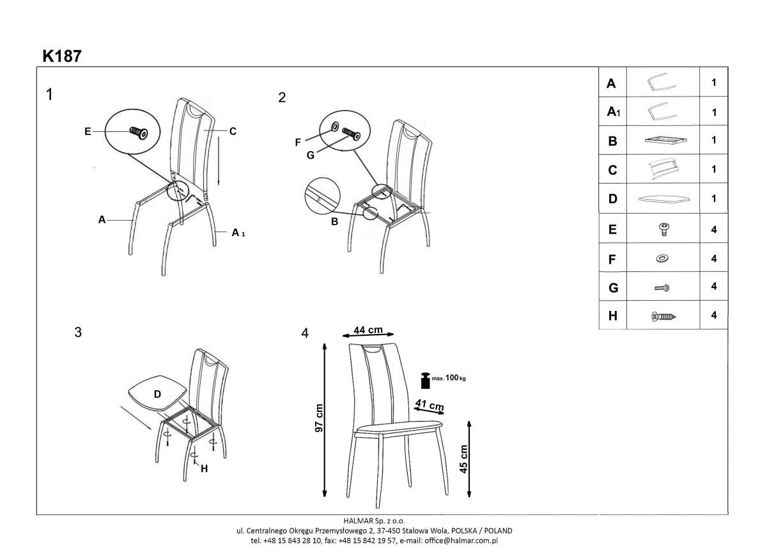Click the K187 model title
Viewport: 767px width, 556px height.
click(x=62, y=56)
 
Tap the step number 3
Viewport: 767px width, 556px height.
click(x=78, y=332)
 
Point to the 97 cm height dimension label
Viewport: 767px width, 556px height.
click(x=319, y=418)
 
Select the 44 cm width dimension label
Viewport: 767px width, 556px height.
click(x=368, y=330)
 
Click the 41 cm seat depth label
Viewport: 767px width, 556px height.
click(x=430, y=405)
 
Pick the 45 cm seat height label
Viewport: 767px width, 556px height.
click(x=463, y=459)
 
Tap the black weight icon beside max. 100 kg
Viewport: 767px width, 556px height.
click(x=425, y=380)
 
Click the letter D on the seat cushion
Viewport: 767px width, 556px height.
click(x=157, y=394)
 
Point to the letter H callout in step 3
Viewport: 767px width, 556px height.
click(x=204, y=468)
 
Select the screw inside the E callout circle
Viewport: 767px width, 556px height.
click(x=139, y=132)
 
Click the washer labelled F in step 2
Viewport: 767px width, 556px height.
click(x=334, y=127)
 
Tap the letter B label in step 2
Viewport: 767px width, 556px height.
click(x=334, y=222)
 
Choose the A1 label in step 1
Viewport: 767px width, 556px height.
click(x=238, y=233)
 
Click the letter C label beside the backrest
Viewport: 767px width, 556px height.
click(x=233, y=131)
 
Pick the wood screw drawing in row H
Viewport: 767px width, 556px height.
click(x=663, y=316)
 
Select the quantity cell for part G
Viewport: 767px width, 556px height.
click(x=713, y=286)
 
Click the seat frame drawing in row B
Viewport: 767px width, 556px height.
click(x=666, y=140)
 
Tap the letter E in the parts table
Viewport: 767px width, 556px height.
click(x=612, y=229)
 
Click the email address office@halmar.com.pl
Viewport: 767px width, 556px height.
click(x=461, y=541)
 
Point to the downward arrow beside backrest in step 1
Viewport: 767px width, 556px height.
click(x=219, y=161)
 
